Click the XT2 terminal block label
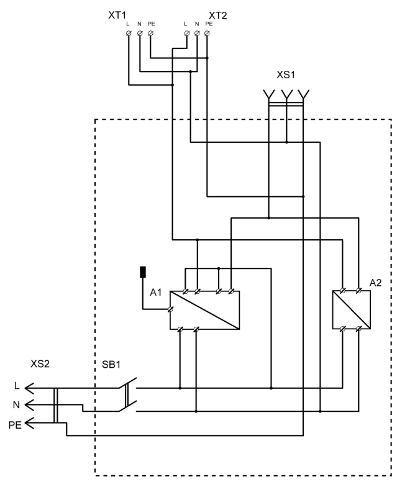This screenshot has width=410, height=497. pyautogui.click(x=218, y=14)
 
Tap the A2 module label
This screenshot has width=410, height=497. pyautogui.click(x=376, y=283)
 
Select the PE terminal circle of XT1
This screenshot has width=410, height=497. pyautogui.click(x=150, y=34)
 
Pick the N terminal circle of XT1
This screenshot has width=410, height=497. pyautogui.click(x=139, y=34)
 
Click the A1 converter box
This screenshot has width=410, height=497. pyautogui.click(x=205, y=309)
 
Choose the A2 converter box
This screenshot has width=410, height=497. pyautogui.click(x=352, y=309)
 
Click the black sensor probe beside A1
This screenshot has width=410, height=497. pyautogui.click(x=143, y=272)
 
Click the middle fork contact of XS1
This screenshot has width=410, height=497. pyautogui.click(x=286, y=94)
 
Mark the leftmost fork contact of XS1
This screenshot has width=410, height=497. pyautogui.click(x=269, y=94)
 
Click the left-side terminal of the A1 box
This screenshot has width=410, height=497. pyautogui.click(x=170, y=309)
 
